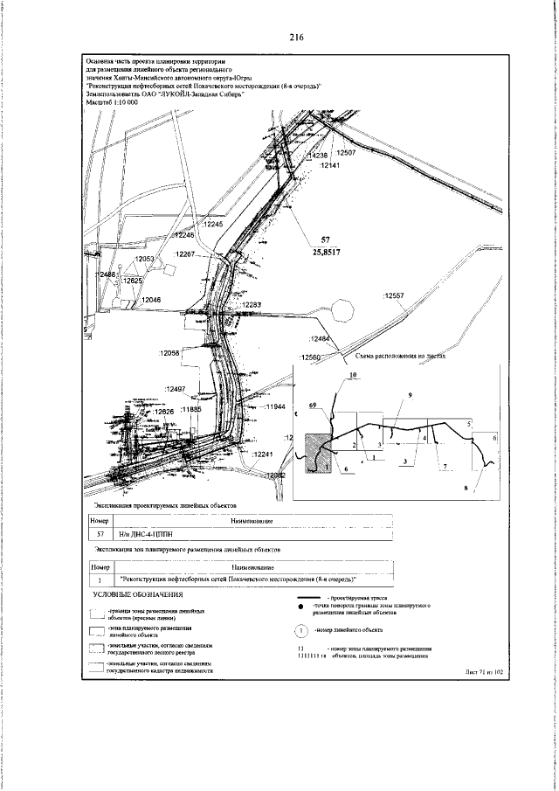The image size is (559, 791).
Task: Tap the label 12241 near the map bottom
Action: point(263,455)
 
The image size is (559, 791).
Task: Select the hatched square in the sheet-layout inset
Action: point(316,454)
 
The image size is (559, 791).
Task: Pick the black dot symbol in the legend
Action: point(300,606)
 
